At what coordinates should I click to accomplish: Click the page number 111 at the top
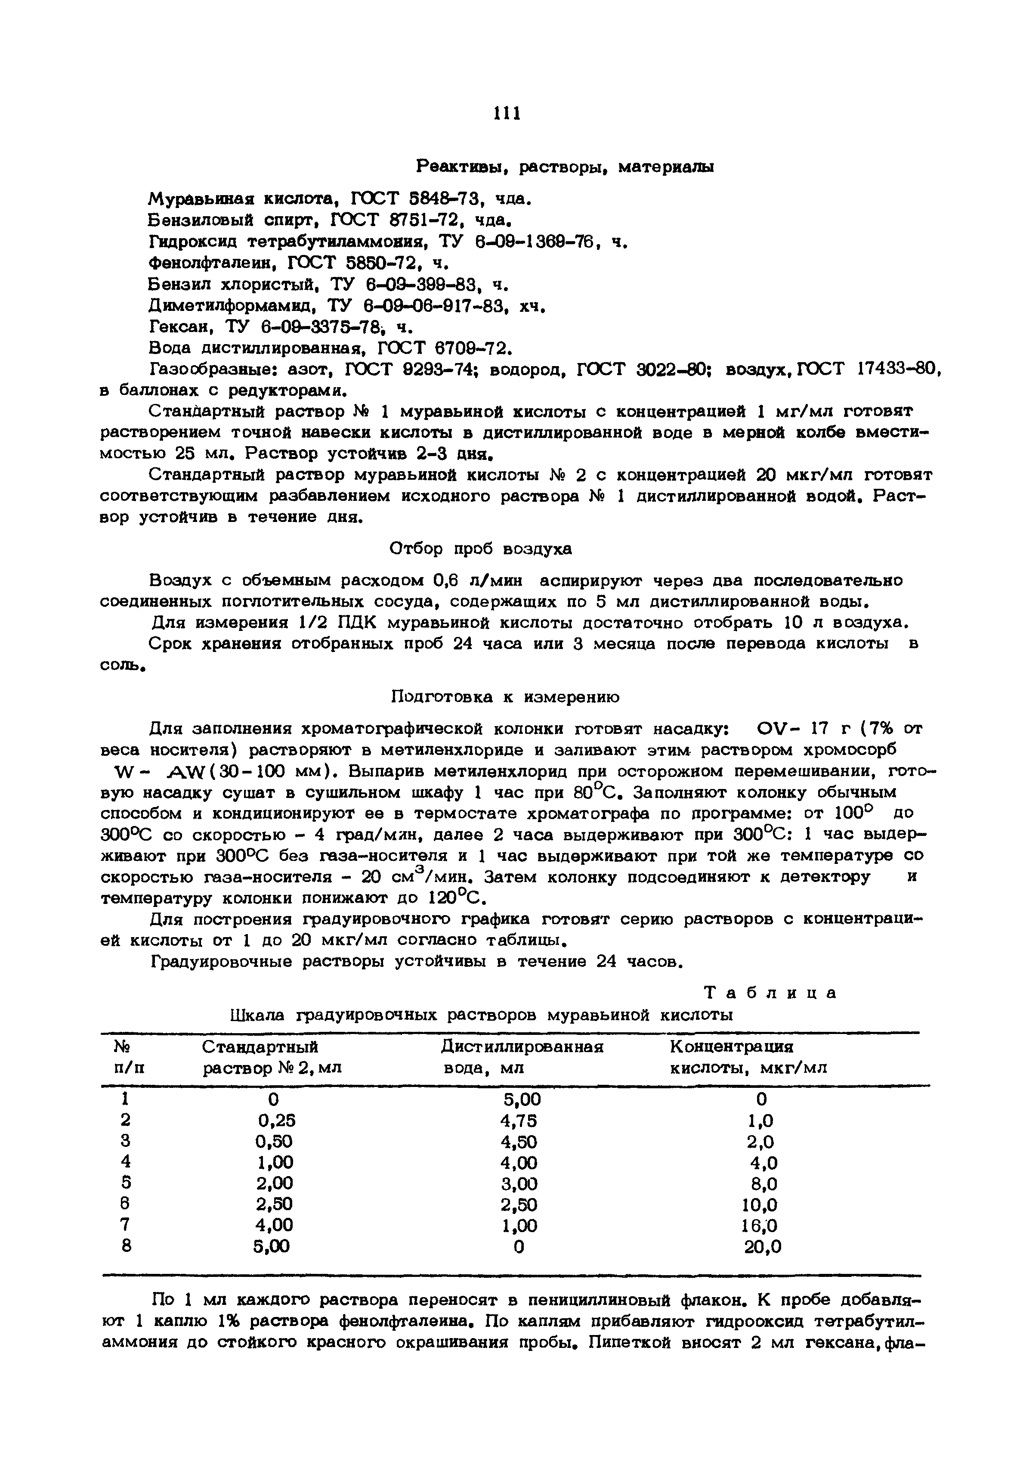[x=508, y=113]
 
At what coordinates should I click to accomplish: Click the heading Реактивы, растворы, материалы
[x=565, y=167]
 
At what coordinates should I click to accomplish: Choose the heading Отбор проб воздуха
[x=480, y=549]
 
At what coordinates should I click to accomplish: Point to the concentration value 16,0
[x=760, y=1226]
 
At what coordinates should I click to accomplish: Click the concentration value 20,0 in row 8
[x=762, y=1247]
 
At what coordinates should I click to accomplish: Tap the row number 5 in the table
[x=126, y=1184]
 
